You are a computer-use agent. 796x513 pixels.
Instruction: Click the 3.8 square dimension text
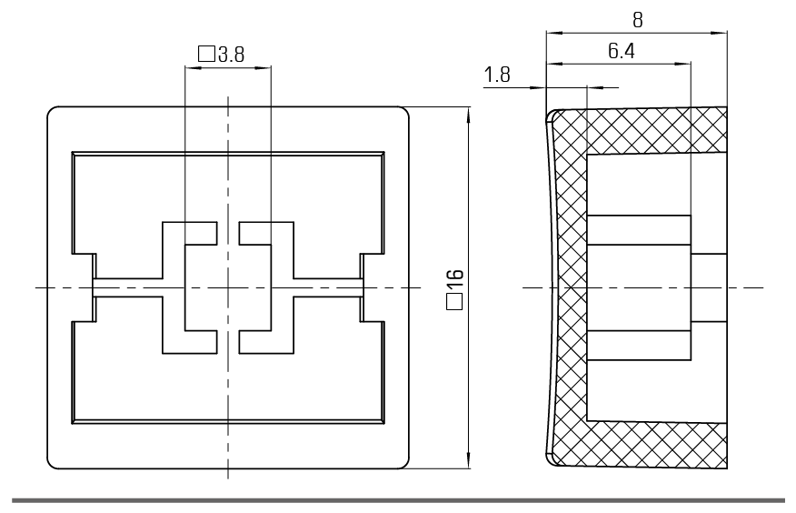coord(231,55)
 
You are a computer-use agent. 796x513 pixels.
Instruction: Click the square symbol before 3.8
coord(205,55)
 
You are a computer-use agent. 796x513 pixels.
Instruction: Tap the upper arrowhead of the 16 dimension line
coord(468,115)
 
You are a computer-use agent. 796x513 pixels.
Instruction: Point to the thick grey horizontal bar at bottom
coord(398,499)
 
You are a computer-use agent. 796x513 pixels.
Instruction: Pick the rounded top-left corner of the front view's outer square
coord(53,113)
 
